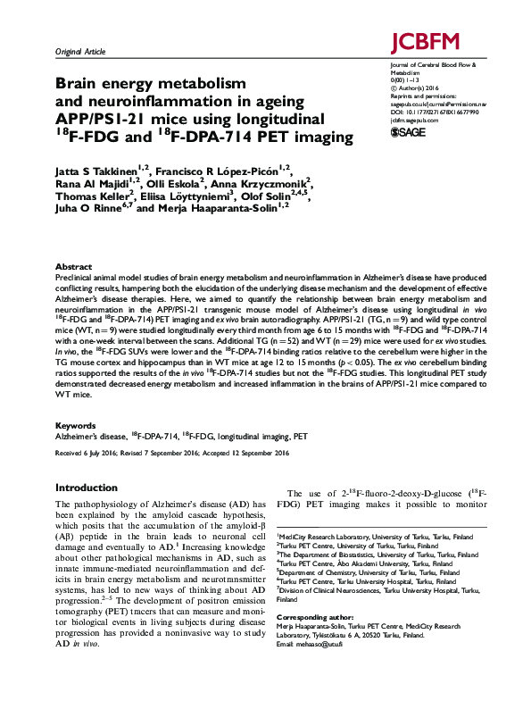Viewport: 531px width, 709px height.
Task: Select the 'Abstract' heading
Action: click(x=73, y=266)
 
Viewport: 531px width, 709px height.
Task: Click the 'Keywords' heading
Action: click(x=76, y=426)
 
